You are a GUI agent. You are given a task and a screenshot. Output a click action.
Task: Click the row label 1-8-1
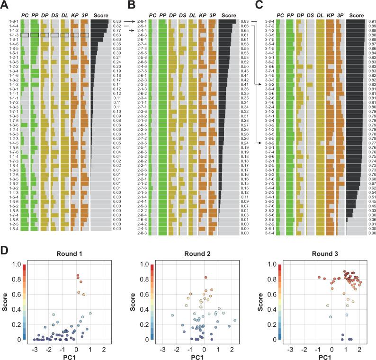pyautogui.click(x=14, y=22)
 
